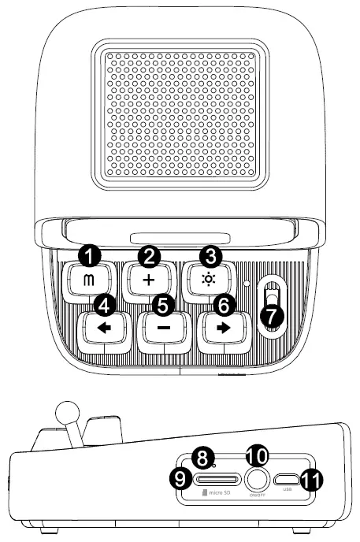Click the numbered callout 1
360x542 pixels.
[x=93, y=256]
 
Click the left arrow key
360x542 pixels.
[x=105, y=330]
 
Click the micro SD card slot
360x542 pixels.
[x=218, y=478]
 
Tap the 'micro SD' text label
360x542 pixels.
[x=216, y=495]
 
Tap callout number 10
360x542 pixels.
[x=257, y=455]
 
